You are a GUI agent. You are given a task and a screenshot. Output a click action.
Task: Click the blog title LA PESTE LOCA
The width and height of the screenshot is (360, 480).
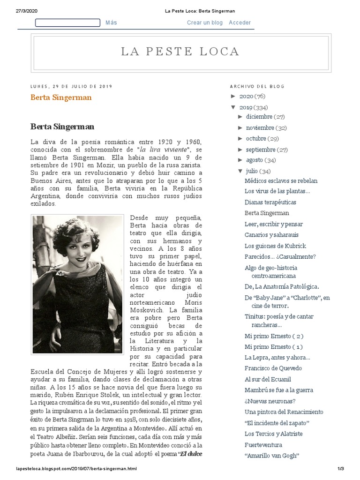point(180,52)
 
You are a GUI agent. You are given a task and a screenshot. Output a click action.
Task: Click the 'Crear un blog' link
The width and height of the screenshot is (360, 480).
point(204,22)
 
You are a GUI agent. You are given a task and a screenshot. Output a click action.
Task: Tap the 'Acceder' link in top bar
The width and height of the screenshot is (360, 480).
point(240,22)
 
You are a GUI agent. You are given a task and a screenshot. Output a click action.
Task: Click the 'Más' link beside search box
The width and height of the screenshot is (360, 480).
point(111,22)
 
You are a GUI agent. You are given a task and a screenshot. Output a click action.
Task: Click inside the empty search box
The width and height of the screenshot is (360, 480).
point(67,22)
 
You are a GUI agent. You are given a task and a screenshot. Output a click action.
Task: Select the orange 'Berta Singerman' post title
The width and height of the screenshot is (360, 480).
point(61,97)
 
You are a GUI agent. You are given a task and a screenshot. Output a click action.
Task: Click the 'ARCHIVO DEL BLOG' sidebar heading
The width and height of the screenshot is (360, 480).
point(257,86)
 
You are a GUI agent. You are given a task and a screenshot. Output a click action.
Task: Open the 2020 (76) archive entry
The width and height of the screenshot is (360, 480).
point(246,97)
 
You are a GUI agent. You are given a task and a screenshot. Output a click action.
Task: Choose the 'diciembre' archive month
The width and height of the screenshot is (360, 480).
point(259,117)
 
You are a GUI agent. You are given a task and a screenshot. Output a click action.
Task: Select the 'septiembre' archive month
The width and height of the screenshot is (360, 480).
point(260,150)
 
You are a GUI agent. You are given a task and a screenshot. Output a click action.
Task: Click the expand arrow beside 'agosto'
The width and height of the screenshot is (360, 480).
point(241,160)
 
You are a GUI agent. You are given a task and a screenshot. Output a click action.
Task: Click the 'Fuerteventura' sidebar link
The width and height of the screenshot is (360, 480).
point(263,445)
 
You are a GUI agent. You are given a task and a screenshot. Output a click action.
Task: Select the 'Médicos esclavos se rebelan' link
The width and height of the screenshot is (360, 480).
point(281,181)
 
